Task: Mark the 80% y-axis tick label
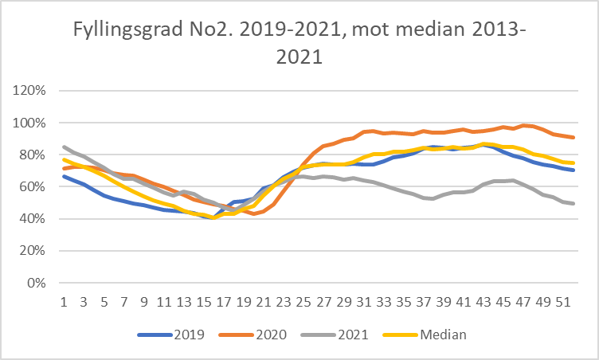point(33,155)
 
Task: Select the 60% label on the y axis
point(33,186)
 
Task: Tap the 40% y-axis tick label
point(33,218)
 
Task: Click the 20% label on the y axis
point(33,251)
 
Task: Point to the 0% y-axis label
point(36,283)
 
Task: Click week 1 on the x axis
point(64,303)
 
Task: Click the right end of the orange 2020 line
point(574,138)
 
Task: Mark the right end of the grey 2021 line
point(574,204)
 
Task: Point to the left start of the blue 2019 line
point(64,176)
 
